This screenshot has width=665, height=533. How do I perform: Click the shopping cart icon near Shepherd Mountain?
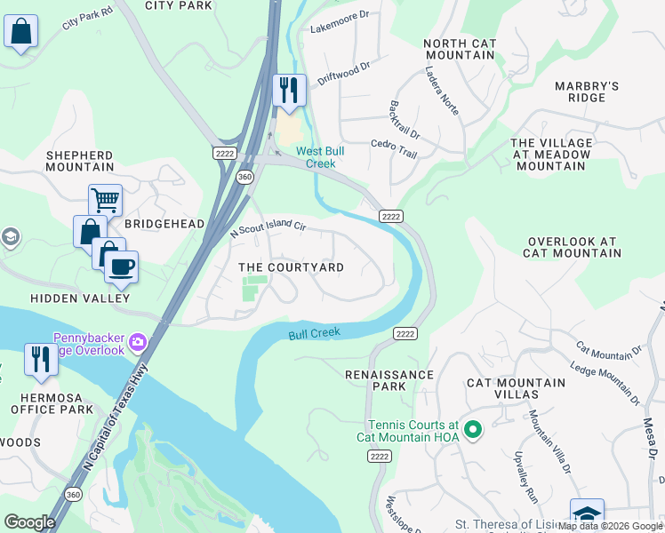(105, 200)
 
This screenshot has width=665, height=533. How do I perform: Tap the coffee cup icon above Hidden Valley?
(121, 265)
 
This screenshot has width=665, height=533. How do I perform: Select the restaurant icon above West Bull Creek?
(289, 90)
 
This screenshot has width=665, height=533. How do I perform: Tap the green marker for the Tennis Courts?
(473, 431)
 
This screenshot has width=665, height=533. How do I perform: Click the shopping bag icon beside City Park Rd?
(21, 32)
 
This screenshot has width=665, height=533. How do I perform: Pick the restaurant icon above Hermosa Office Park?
(41, 359)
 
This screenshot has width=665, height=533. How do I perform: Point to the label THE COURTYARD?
(291, 267)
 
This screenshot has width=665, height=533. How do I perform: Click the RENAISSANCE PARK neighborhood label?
(389, 381)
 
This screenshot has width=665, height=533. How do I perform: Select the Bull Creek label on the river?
(314, 334)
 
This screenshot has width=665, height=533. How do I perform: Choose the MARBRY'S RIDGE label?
(586, 91)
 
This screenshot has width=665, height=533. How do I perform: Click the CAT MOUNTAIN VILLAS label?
(516, 388)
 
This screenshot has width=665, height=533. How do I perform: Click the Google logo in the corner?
(29, 522)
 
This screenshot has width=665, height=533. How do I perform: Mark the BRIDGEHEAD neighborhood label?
(164, 224)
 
